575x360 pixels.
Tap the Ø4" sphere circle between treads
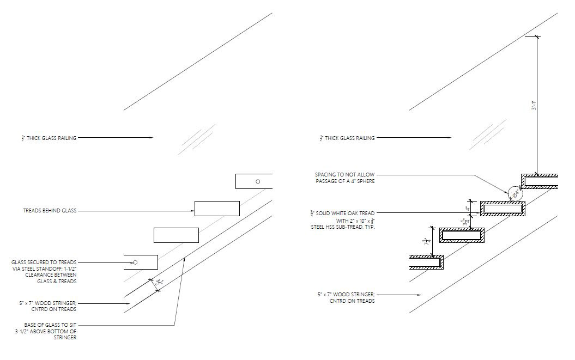pos(513,193)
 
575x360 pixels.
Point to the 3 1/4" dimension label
pos(464,222)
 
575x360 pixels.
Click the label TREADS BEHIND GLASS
pos(50,210)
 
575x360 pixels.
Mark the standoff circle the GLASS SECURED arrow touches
pos(135,263)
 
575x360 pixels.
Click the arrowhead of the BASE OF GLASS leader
pos(185,259)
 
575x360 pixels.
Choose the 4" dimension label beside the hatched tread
pos(467,208)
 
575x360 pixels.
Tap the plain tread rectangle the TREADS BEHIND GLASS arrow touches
pos(217,209)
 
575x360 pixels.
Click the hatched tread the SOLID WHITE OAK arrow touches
pos(503,208)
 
